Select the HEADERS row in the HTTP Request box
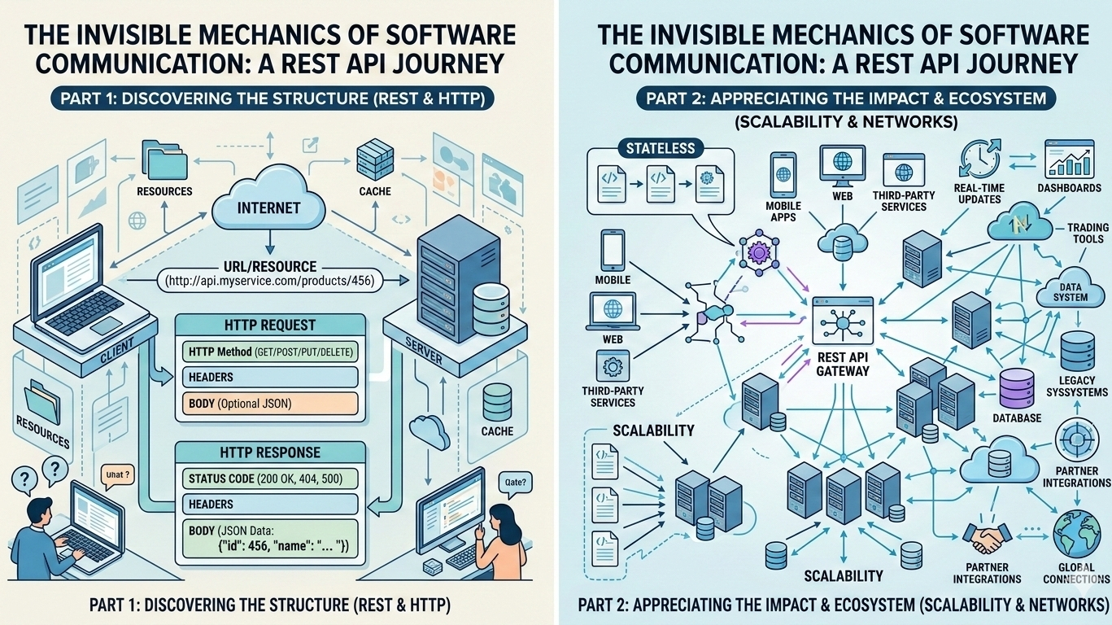coord(268,377)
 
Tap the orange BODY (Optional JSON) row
coord(268,404)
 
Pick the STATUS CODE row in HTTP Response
coord(268,478)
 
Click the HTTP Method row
coord(268,351)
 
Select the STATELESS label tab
coord(660,148)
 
